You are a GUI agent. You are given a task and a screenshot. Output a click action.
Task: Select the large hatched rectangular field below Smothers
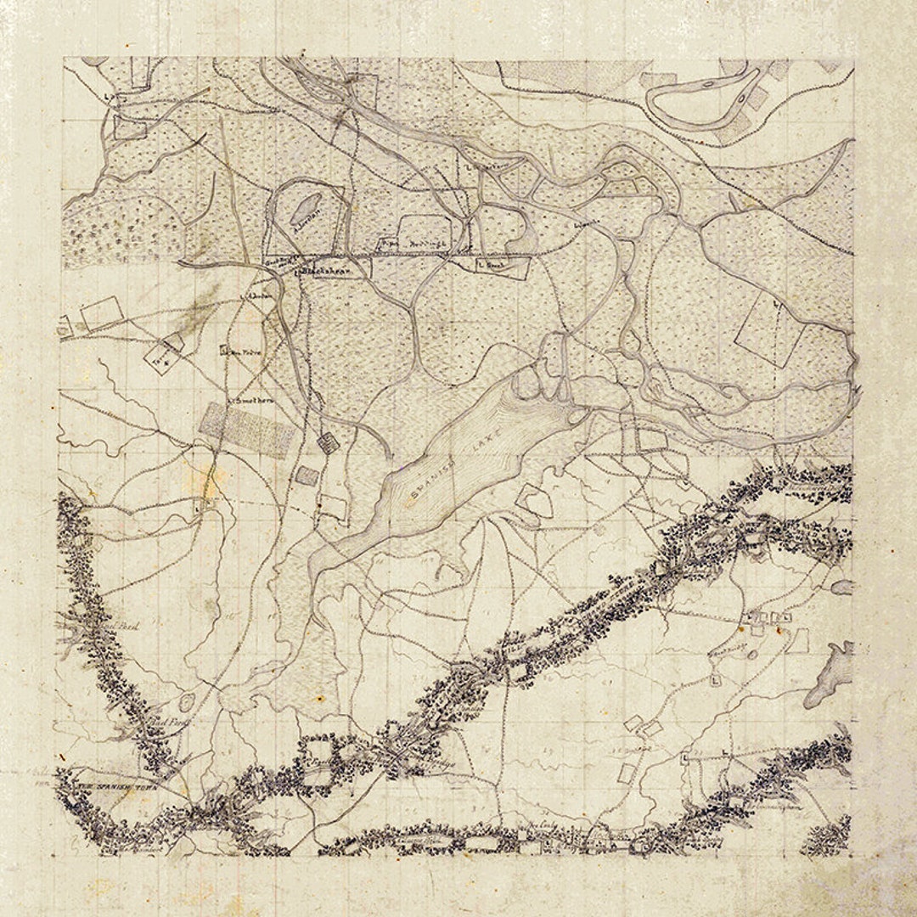[x=248, y=430]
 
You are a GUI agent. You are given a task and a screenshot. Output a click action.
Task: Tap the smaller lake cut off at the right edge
[x=843, y=586]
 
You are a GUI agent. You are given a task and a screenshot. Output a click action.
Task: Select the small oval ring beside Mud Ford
[x=187, y=702]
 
